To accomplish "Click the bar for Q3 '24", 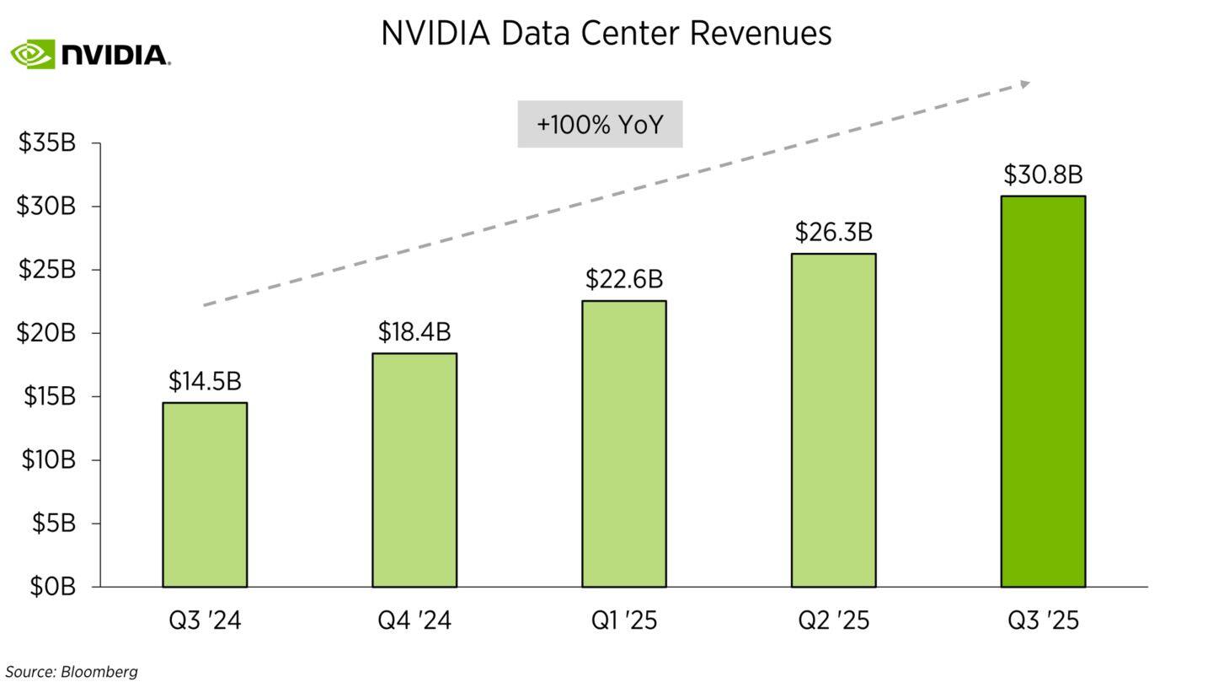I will coord(205,495).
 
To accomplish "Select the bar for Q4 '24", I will coord(414,470).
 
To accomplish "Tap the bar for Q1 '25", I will coord(624,444).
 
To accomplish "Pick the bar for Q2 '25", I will coord(833,421).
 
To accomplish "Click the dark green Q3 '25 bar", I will coord(1043,392).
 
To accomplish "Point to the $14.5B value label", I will coord(205,382).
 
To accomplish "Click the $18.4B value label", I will coord(414,332).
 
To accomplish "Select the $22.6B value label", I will coord(624,279).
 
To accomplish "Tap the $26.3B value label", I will coord(833,232).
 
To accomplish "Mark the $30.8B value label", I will coord(1043,175).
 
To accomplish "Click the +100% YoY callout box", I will coord(600,125).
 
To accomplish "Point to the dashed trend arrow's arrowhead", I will coord(1024,83).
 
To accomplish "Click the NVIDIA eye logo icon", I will coord(32,55).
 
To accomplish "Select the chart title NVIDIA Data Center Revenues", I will coord(606,34).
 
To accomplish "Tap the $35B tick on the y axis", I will coord(47,143).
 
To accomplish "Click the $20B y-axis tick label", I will coord(47,333).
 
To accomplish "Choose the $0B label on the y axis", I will coord(52,587).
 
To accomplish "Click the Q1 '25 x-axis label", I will coord(624,621).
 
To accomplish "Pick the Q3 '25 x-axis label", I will coord(1043,621).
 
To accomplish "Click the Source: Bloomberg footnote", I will coord(72,672).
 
